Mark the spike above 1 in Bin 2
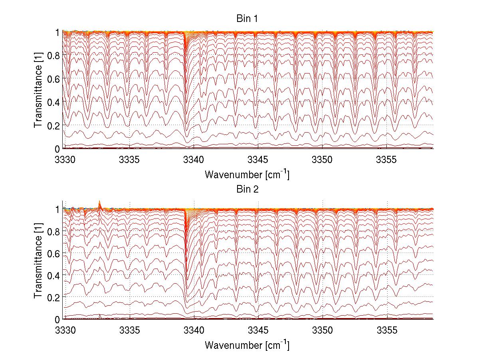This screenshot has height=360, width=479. click(99, 203)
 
